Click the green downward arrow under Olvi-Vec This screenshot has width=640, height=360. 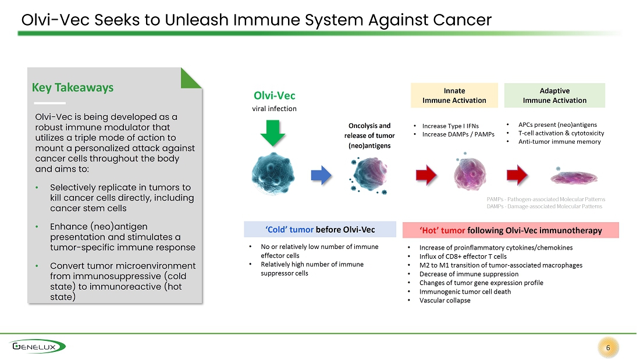point(273,133)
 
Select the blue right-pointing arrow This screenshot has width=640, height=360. point(321,176)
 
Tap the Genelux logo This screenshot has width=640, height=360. point(38,347)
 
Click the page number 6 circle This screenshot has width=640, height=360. point(608,348)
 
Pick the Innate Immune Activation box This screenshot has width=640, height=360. point(454,95)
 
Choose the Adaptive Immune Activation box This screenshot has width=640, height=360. point(554,95)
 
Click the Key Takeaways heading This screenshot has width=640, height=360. point(73,87)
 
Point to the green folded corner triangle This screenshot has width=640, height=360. point(191,78)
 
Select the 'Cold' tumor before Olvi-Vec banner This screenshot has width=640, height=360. point(320,229)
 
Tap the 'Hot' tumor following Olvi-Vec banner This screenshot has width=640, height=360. point(511,230)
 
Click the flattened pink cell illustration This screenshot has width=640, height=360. point(574,177)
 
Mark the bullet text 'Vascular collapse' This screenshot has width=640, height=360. point(445,301)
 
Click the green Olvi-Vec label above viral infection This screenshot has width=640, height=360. point(274,95)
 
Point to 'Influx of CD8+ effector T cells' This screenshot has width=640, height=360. point(463,256)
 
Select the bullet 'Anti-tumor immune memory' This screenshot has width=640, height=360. point(559,142)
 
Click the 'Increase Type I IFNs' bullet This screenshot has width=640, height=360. point(450,126)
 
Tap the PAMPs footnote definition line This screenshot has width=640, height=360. point(546,199)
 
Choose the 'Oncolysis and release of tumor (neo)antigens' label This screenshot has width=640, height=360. point(369,136)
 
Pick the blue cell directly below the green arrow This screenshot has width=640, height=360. point(273,173)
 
